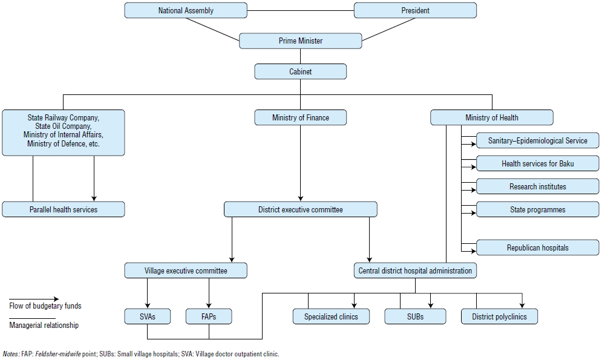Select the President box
[415, 10]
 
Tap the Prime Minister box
[301, 41]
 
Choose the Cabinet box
[301, 71]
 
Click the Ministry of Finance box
[301, 117]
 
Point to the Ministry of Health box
[491, 117]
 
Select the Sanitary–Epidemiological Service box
[537, 140]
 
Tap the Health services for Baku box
[537, 163]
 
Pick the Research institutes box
[537, 186]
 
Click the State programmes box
[537, 209]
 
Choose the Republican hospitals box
[537, 247]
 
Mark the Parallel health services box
[64, 209]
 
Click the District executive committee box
[301, 209]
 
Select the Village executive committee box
[186, 270]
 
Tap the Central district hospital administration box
[415, 270]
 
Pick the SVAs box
[148, 316]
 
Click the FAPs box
[209, 316]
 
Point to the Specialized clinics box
[331, 316]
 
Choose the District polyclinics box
[499, 316]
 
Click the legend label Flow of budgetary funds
[45, 306]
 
